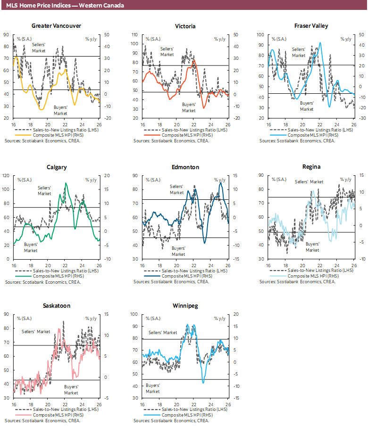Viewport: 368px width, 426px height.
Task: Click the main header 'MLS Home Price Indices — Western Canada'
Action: coord(65,5)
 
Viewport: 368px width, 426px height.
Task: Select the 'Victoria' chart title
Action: coord(185,26)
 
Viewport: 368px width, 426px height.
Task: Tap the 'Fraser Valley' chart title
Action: coord(311,26)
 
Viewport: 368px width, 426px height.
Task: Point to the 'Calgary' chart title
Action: coord(57,167)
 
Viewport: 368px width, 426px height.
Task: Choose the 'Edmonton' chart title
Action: coord(185,167)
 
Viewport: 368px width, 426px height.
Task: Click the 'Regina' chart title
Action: coord(311,167)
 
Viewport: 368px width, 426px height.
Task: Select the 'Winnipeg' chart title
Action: coord(185,306)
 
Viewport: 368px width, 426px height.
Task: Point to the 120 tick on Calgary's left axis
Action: coord(6,175)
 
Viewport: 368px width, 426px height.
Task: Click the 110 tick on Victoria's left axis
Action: coord(135,35)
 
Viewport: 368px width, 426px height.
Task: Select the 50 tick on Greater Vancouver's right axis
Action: coord(106,35)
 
